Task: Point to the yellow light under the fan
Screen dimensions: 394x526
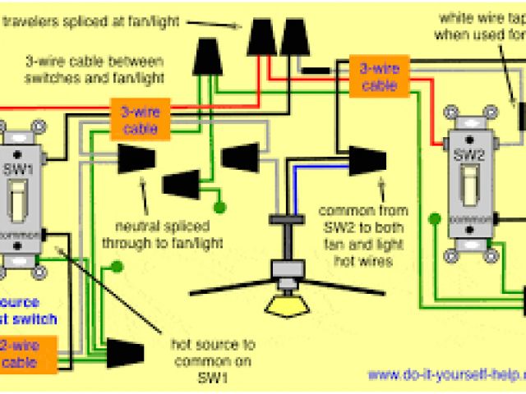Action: click(x=286, y=305)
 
